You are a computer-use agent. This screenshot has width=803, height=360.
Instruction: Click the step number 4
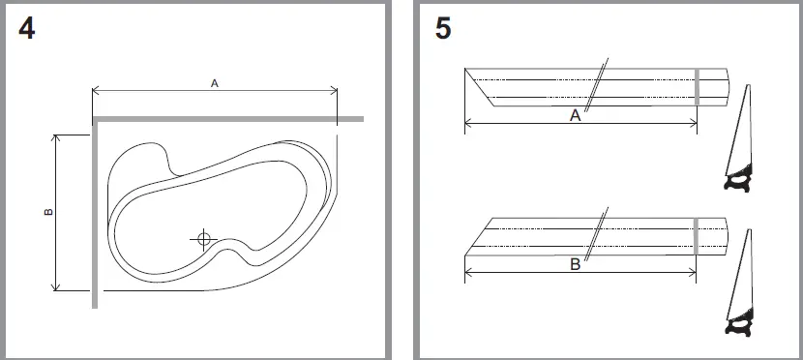[x=26, y=29]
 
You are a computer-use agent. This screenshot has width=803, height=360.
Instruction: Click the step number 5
[x=442, y=29]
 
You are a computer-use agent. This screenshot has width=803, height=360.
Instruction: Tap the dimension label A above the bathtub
[x=214, y=84]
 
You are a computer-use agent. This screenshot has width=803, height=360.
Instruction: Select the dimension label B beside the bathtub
[x=48, y=212]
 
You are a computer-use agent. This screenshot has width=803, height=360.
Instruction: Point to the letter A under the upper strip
[x=575, y=115]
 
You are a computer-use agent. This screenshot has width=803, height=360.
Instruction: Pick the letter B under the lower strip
[x=575, y=264]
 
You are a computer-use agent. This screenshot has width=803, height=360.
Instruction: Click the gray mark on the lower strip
[x=697, y=235]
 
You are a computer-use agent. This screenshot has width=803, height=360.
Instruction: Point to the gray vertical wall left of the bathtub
[x=95, y=213]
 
